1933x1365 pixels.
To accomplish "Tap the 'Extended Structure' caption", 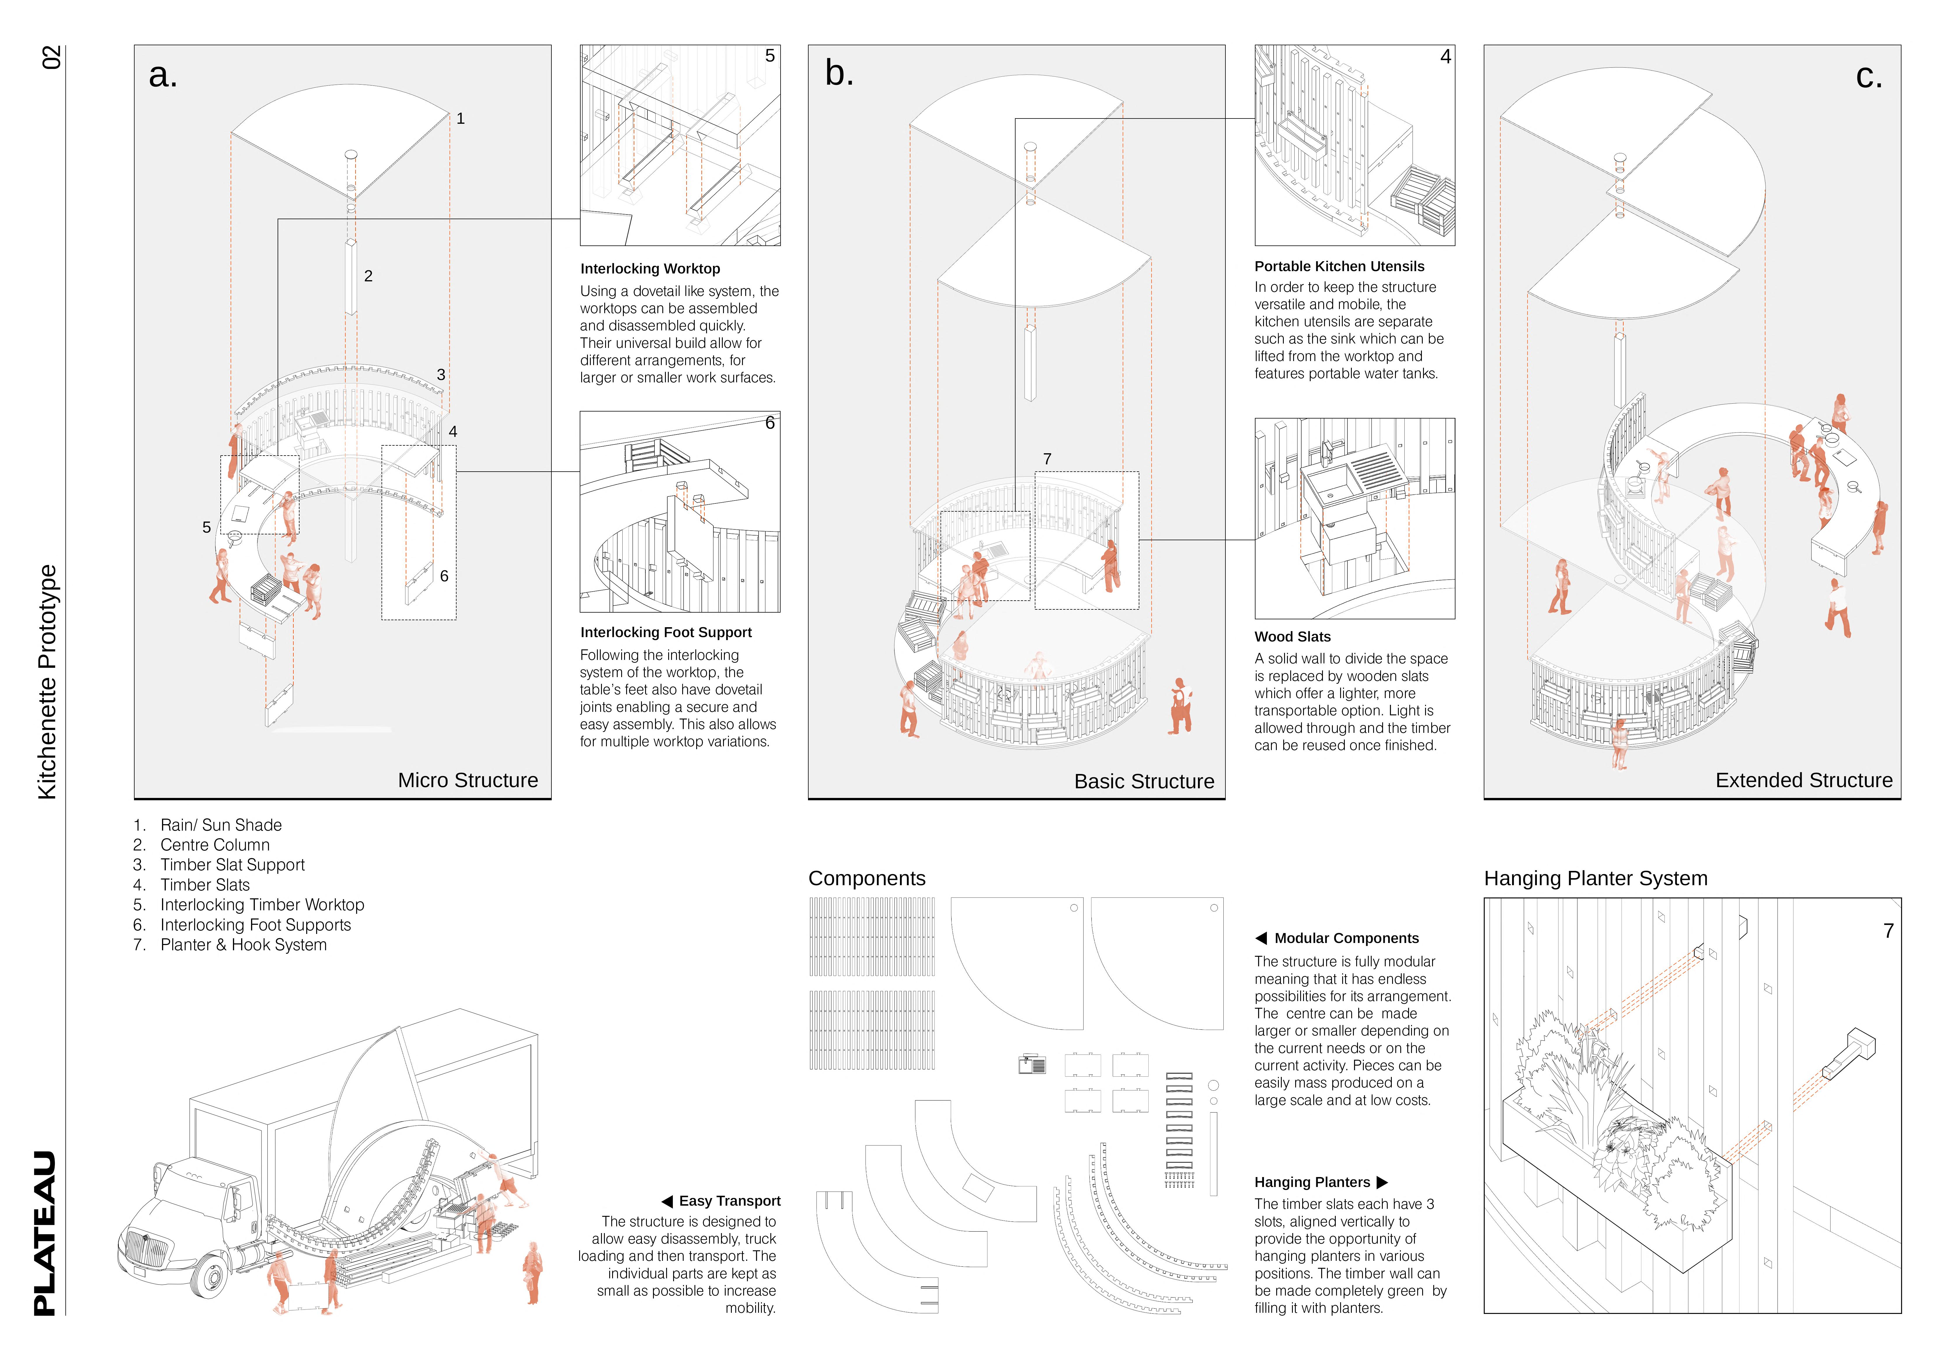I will coord(1803,780).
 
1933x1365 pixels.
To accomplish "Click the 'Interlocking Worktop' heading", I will coord(650,269).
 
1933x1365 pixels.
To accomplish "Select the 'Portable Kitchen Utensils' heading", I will coord(1339,266).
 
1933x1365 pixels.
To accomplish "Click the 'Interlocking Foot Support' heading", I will coord(665,632).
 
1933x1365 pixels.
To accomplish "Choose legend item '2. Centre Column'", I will coord(202,845).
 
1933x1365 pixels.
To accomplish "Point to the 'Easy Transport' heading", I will coord(729,1201).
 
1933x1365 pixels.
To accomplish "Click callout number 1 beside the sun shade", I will coord(461,119).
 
